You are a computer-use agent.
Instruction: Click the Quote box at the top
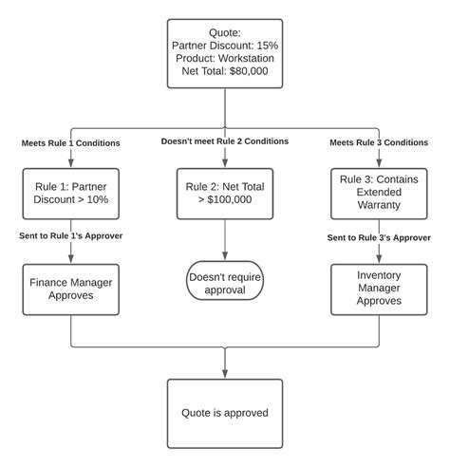(x=225, y=53)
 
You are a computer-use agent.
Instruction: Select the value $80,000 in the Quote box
(x=249, y=71)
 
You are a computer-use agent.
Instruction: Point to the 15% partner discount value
(x=268, y=46)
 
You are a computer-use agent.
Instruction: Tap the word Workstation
(x=246, y=58)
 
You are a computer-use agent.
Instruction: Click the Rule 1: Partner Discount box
(x=71, y=194)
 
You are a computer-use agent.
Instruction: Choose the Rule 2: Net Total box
(x=225, y=194)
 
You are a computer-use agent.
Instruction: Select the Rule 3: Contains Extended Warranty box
(x=379, y=194)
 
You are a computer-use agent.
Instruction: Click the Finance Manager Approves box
(x=71, y=290)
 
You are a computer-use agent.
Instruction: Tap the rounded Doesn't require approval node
(x=225, y=280)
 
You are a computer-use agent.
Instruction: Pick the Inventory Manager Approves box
(x=379, y=290)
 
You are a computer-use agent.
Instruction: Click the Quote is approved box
(x=225, y=414)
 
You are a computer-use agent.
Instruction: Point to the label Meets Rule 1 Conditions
(x=70, y=143)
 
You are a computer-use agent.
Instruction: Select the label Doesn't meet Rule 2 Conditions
(x=225, y=141)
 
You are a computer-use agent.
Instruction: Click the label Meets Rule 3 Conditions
(x=379, y=142)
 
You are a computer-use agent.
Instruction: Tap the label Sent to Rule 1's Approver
(x=70, y=235)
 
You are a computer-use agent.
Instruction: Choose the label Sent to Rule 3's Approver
(x=379, y=237)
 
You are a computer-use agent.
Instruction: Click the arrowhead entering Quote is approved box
(x=225, y=374)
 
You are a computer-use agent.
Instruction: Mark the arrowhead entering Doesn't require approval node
(x=225, y=255)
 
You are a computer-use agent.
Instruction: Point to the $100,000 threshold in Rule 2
(x=230, y=199)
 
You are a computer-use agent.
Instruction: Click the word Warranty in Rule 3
(x=379, y=205)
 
